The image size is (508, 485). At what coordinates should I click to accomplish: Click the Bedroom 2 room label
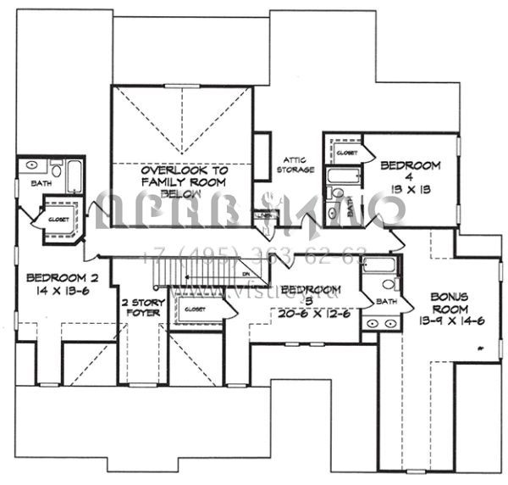click(x=56, y=277)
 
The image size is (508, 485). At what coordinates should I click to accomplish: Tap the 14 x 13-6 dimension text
click(x=56, y=290)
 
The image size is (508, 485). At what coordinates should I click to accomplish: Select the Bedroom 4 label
click(x=411, y=164)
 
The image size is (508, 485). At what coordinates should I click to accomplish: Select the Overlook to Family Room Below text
click(x=182, y=181)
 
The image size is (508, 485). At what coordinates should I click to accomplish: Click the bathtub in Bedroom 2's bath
click(x=74, y=175)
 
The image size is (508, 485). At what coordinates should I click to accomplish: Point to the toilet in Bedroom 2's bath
click(x=57, y=169)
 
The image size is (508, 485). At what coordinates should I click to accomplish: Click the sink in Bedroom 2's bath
click(x=32, y=165)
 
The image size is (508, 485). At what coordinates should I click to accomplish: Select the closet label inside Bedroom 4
click(x=345, y=153)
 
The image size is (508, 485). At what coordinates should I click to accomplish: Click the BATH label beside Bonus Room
click(x=386, y=302)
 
